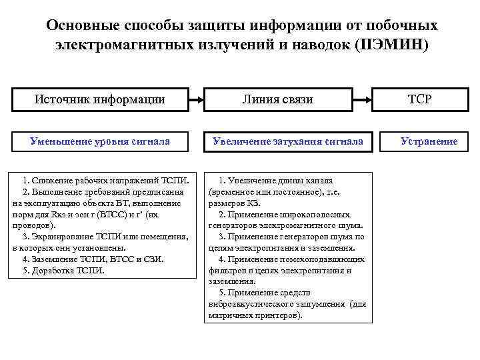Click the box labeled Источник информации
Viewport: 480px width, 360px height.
coord(100,100)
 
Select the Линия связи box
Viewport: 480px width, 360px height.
coord(287,100)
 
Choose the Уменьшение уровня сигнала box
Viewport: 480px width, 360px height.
coord(100,141)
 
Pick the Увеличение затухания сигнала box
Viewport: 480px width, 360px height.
coord(287,141)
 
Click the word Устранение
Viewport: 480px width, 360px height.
coord(429,141)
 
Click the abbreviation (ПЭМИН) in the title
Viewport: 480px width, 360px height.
coord(393,46)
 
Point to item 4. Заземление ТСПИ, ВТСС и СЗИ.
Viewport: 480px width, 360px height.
coord(93,259)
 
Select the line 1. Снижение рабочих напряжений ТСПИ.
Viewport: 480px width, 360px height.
coord(106,180)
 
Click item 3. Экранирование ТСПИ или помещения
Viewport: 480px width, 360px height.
coord(105,237)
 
